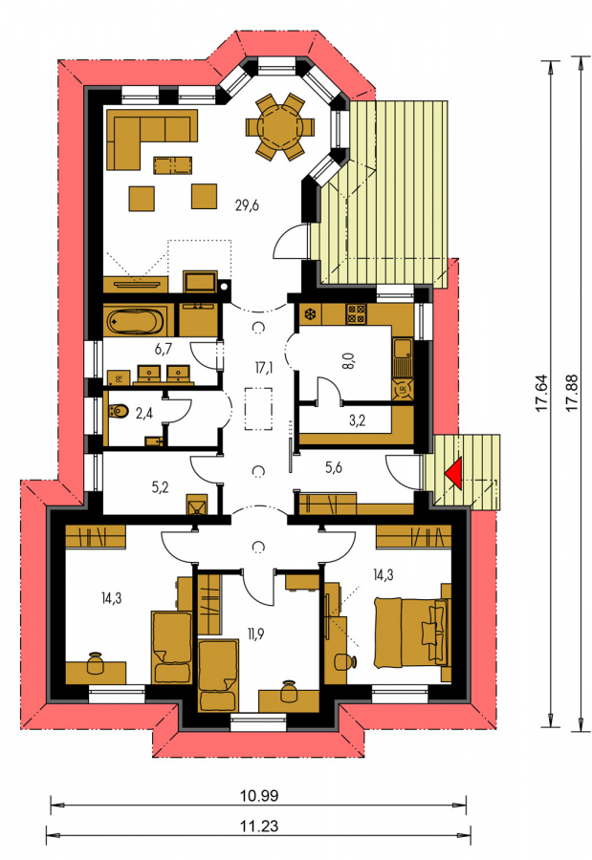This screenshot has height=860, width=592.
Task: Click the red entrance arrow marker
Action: pos(454,472)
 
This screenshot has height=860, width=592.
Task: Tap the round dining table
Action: pos(280,127)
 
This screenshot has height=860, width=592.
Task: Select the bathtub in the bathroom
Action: pos(135,321)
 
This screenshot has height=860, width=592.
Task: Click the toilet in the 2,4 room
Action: pos(118,410)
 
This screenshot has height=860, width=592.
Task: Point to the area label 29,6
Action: pos(247,205)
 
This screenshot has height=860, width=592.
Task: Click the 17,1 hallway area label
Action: pos(264,367)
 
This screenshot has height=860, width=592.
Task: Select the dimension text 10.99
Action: pos(259,795)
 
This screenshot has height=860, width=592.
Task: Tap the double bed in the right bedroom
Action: pos(411,633)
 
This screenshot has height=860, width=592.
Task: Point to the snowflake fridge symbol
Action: pos(310,314)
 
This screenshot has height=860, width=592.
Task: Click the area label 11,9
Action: pos(256,634)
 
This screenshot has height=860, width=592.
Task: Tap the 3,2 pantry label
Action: pos(357,420)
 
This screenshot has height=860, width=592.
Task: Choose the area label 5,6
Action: pos(334,467)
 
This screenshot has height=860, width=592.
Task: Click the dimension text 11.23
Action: pos(259,826)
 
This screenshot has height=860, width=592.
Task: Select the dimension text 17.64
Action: pos(541,393)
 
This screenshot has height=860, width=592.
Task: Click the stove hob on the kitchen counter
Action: pos(356,314)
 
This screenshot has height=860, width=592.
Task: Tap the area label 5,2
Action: pos(160,486)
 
